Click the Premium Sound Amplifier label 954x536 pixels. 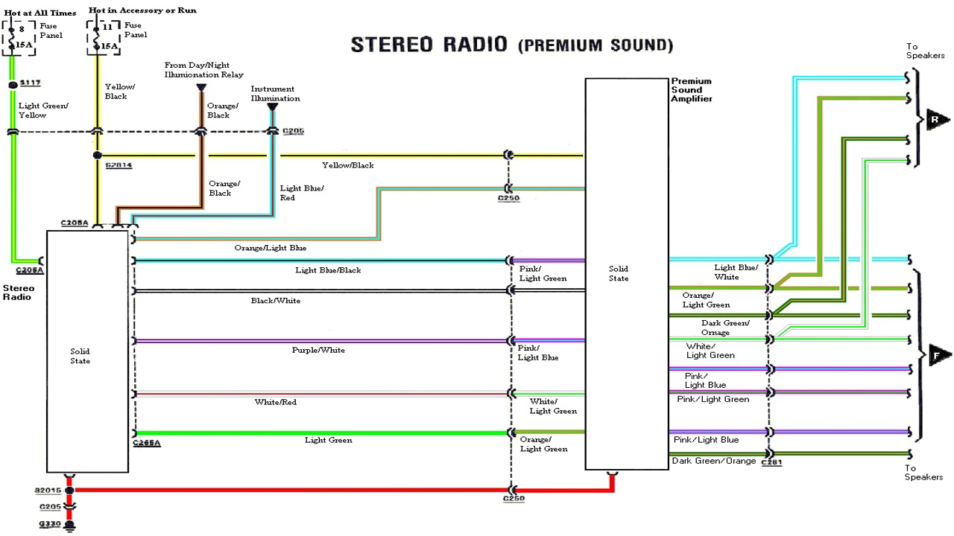(691, 89)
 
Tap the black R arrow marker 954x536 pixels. (938, 119)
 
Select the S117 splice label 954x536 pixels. (31, 82)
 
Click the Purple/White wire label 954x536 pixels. (318, 350)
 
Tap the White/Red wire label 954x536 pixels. (276, 402)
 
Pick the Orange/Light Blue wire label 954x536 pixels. (270, 248)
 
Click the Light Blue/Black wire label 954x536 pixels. (328, 269)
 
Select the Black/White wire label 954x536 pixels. (276, 301)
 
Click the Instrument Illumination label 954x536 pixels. (275, 94)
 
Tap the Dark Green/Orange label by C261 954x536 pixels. (714, 461)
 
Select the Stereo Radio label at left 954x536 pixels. (19, 292)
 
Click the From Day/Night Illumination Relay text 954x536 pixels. (203, 70)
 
